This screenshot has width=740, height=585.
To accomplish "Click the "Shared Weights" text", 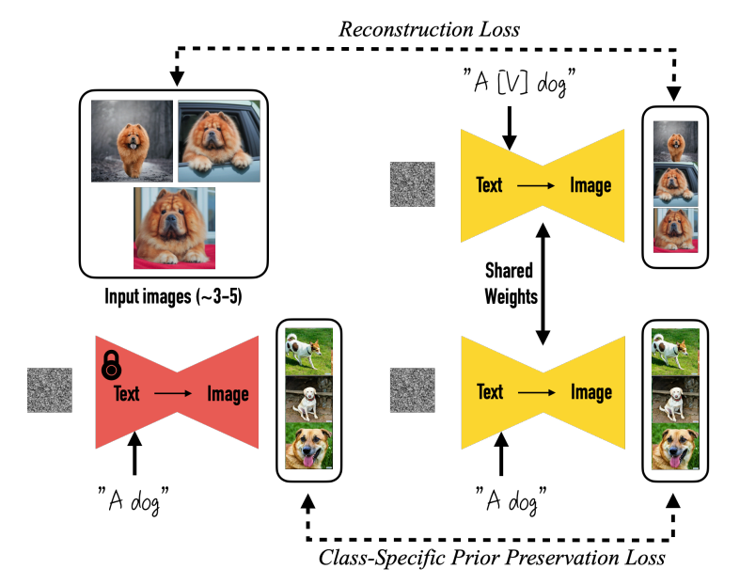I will [509, 284].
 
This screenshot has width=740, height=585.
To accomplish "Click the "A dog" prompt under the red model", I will [138, 498].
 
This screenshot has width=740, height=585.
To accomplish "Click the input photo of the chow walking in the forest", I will [132, 141].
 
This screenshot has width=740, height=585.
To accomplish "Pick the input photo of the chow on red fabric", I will [174, 228].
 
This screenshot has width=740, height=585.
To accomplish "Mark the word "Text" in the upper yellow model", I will [489, 184].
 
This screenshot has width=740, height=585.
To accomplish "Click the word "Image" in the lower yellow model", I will [590, 392].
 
